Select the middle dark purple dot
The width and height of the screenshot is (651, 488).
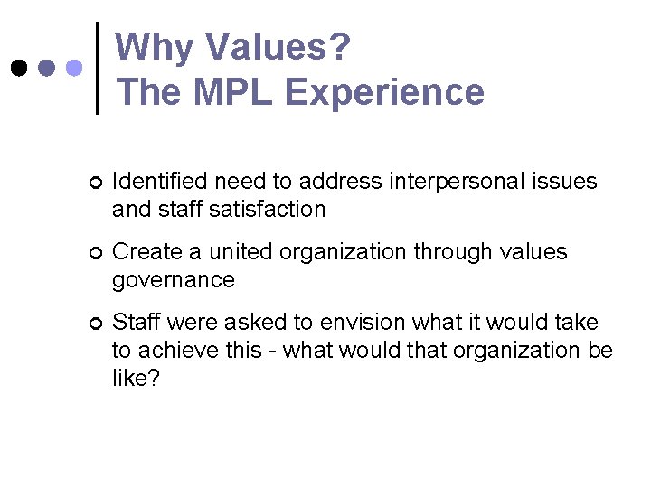coord(47,69)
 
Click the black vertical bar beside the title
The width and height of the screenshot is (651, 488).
coord(98,69)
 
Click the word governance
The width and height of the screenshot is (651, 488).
coord(173,280)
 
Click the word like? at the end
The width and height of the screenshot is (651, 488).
coord(136,377)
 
